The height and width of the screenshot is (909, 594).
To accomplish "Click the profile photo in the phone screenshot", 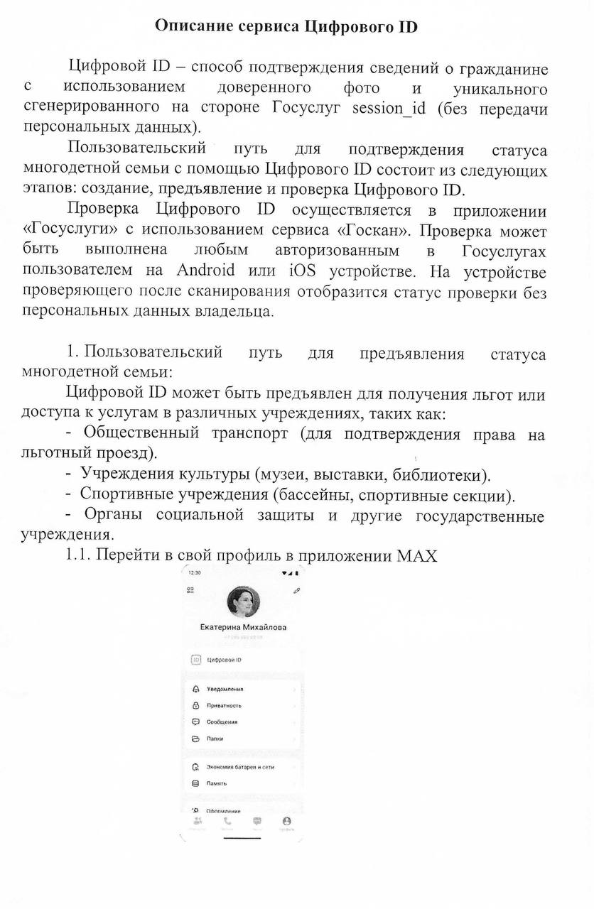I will point(243,603).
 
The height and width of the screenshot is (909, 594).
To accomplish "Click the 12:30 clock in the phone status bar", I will point(194,572).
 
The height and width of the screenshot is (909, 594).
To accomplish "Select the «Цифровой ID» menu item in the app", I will point(225,660).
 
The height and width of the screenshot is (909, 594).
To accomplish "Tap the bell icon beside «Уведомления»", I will point(196,689).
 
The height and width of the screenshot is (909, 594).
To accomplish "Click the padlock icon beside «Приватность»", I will point(196,705).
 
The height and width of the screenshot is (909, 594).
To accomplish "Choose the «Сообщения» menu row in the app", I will point(222,722).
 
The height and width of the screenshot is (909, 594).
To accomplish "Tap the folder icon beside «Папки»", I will point(196,739).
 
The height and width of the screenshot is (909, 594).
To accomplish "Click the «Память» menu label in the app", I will point(216,783).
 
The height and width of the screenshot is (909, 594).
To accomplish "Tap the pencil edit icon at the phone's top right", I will point(296,591).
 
